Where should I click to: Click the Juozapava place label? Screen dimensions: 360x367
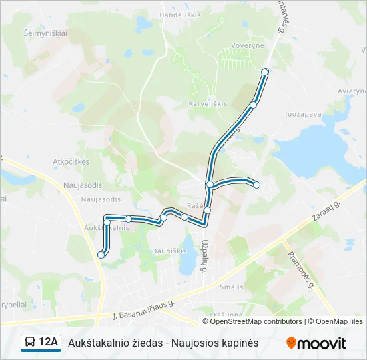(x=303, y=114)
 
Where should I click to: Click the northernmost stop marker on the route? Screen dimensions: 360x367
(x=265, y=71)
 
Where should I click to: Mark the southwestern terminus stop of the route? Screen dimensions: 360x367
(x=101, y=254)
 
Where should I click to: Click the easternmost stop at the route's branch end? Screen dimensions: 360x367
(x=256, y=185)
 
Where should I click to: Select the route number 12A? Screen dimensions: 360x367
(x=49, y=343)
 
